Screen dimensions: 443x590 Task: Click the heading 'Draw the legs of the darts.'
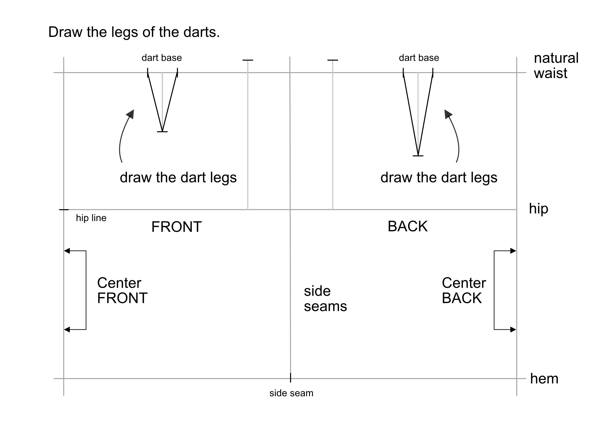pos(134,32)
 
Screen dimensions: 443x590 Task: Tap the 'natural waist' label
pos(556,65)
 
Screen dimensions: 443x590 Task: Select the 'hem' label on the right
pos(544,379)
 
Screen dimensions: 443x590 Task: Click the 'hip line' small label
pos(91,218)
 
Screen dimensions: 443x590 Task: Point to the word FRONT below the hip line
pos(176,227)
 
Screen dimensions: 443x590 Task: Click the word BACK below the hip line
pos(408,226)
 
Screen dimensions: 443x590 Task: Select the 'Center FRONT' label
pos(122,290)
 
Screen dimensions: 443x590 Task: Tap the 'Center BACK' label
pos(464,290)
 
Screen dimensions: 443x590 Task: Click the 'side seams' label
pos(325,299)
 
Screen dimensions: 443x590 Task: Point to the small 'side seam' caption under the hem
pos(291,393)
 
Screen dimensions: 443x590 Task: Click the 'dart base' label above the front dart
pos(162,58)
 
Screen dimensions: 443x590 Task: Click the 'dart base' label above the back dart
pos(419,58)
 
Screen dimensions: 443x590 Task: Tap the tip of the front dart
pos(162,131)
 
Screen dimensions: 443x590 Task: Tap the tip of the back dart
pos(418,155)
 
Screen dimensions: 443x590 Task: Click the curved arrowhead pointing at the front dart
pos(131,114)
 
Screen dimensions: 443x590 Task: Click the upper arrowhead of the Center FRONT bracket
pos(67,251)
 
